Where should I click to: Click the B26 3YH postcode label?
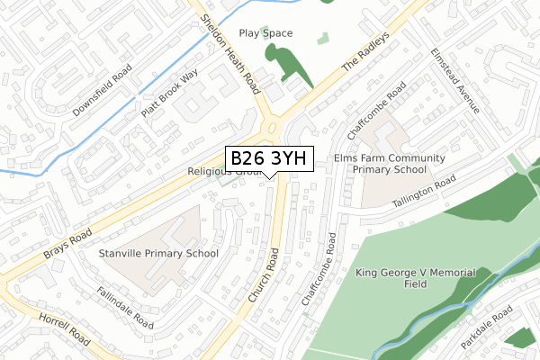(x=268, y=158)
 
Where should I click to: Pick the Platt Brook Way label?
(x=168, y=96)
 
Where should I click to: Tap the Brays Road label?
(x=67, y=242)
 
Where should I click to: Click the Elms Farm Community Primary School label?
(x=390, y=164)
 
